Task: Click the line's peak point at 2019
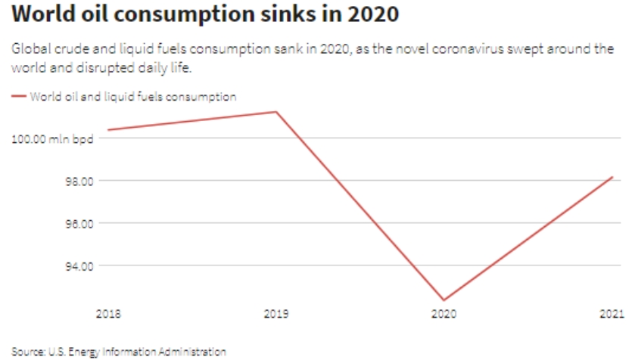[277, 112]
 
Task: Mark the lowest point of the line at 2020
[444, 300]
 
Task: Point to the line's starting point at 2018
[108, 130]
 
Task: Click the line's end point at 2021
[612, 177]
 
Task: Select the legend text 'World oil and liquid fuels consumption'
[133, 97]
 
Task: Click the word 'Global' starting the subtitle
[30, 49]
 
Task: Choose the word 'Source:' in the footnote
[26, 352]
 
